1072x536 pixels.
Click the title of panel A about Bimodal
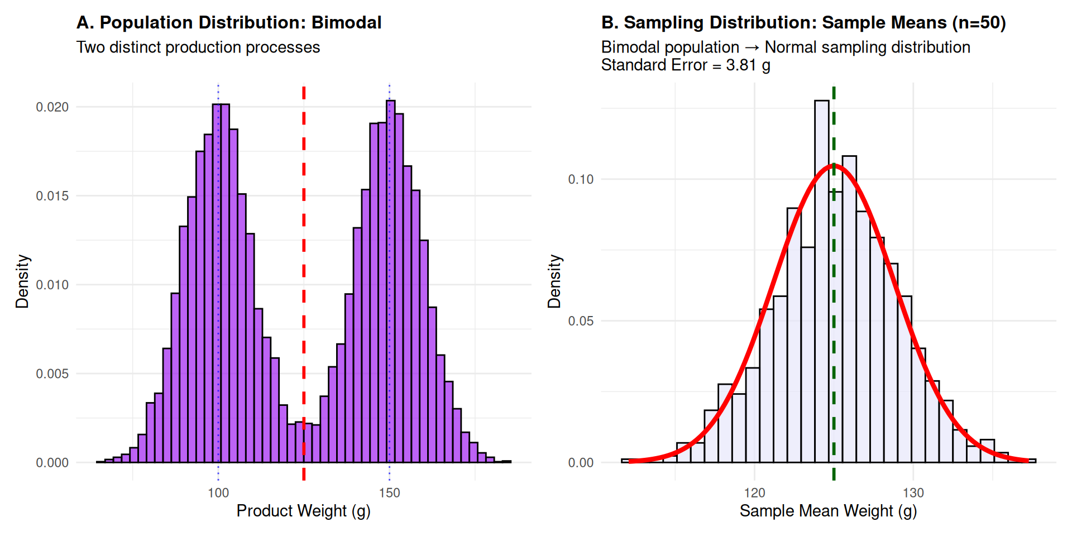229,22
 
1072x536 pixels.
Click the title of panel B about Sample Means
803,22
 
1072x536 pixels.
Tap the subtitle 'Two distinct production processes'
198,47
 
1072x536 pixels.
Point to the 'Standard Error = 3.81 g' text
686,65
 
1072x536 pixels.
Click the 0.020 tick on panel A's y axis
52,107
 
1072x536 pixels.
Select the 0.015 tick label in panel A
52,196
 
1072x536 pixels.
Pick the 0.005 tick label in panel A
52,374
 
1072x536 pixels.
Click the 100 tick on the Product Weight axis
218,493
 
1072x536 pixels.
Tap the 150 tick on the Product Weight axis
389,493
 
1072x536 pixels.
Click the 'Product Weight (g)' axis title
303,511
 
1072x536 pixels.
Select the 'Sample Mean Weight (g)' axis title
828,511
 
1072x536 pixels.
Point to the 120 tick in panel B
755,493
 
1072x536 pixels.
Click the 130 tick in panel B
913,493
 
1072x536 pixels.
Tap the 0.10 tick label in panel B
581,179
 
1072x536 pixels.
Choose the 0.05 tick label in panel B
581,321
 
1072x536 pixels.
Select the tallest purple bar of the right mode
391,279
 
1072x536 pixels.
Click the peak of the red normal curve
834,165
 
